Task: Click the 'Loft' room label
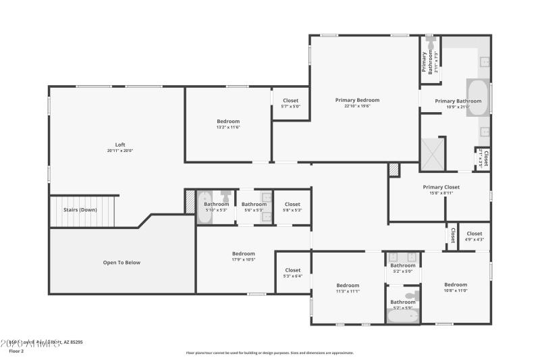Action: (x=120, y=145)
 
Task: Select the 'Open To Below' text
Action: (x=122, y=262)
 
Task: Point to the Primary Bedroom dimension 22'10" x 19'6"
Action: (x=357, y=106)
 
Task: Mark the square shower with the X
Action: (x=433, y=153)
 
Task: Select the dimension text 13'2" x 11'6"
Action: (x=228, y=127)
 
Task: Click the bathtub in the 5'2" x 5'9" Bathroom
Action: (x=403, y=316)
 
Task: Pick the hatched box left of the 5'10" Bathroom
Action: (x=190, y=201)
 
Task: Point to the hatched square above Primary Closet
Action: (x=394, y=170)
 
